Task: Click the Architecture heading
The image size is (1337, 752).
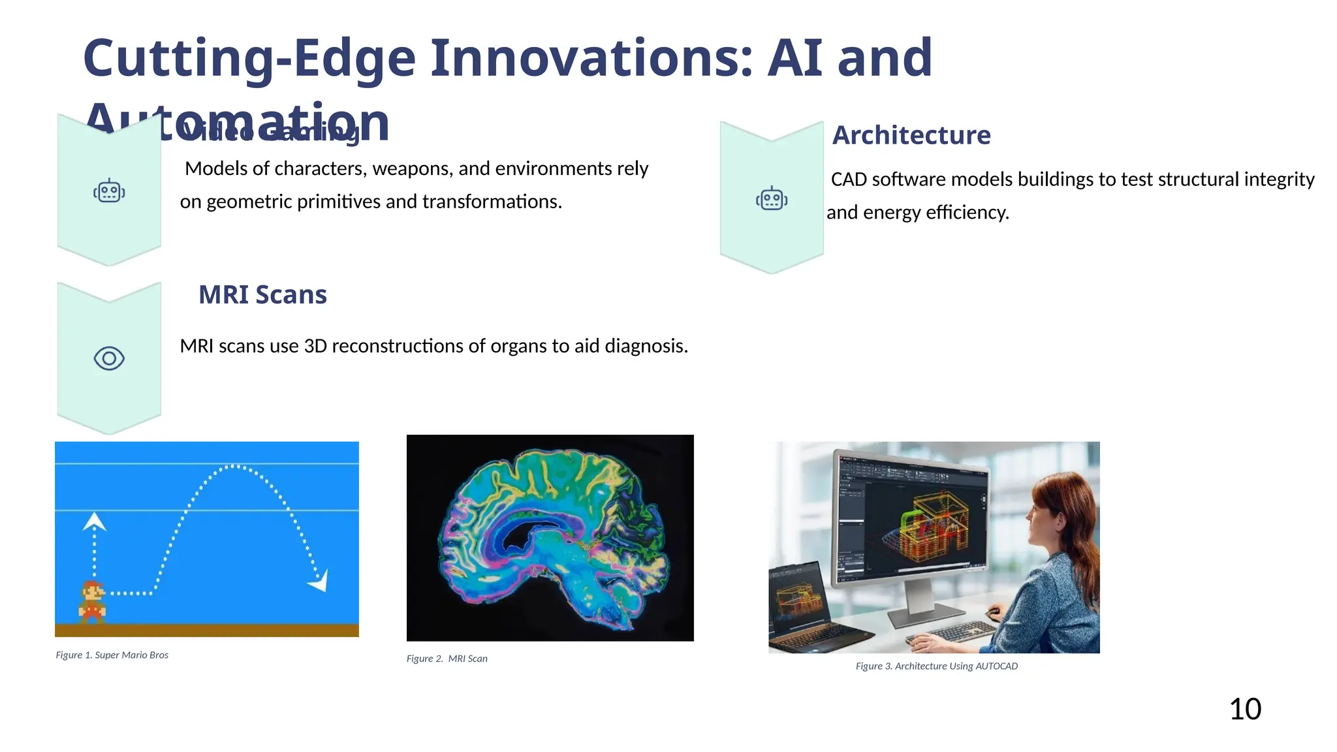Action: [x=911, y=135]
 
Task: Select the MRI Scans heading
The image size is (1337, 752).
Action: [x=262, y=295]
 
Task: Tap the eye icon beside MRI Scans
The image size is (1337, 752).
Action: [x=109, y=358]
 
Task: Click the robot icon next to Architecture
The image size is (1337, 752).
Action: [x=772, y=198]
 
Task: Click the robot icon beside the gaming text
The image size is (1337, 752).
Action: [x=109, y=191]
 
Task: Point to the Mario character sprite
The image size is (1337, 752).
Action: [x=93, y=601]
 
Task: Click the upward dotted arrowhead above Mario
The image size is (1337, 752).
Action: [x=95, y=522]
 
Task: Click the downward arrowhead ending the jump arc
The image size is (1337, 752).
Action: [x=319, y=580]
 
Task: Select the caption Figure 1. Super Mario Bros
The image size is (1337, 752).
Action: [x=112, y=655]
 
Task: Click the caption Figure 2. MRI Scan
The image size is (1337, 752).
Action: [x=447, y=659]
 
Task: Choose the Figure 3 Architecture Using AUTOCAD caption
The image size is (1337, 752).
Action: [x=936, y=666]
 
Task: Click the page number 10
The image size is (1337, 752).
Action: [x=1245, y=709]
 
